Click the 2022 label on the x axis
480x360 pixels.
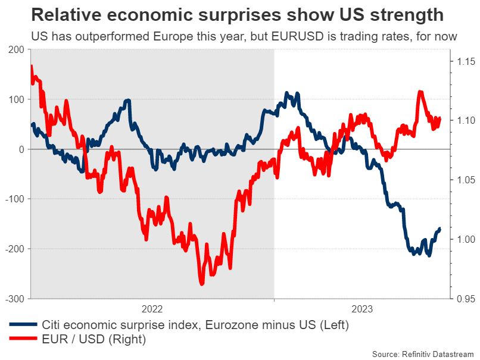click(152, 309)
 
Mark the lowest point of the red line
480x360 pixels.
click(202, 284)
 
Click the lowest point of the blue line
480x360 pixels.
click(428, 256)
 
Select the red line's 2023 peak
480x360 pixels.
click(420, 92)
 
